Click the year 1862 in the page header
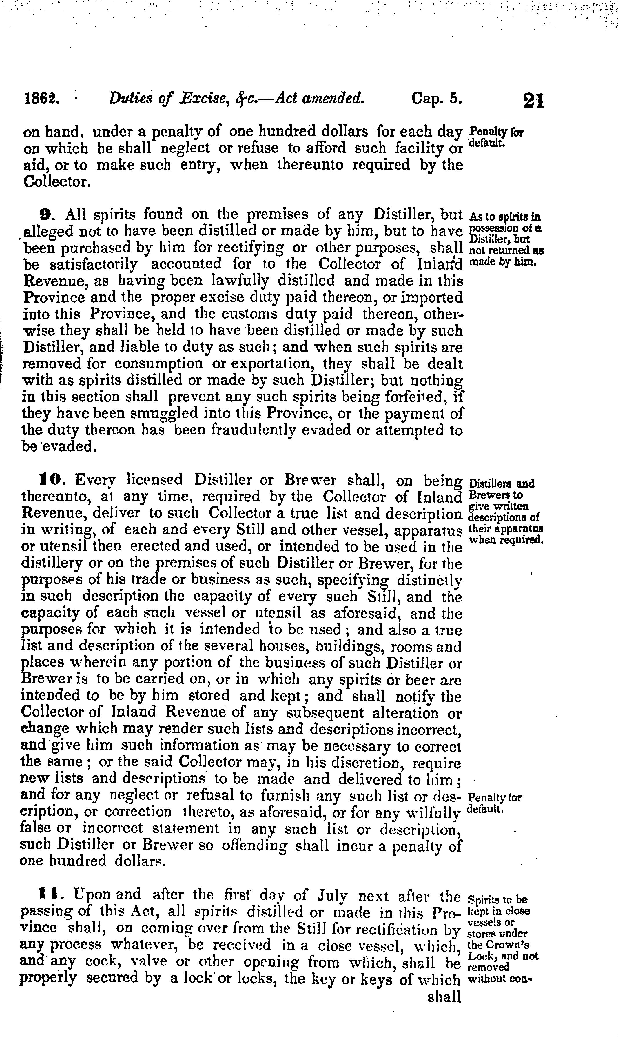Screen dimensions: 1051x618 tap(42, 99)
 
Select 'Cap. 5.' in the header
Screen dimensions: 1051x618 tap(437, 99)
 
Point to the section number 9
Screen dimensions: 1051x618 tap(45, 214)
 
